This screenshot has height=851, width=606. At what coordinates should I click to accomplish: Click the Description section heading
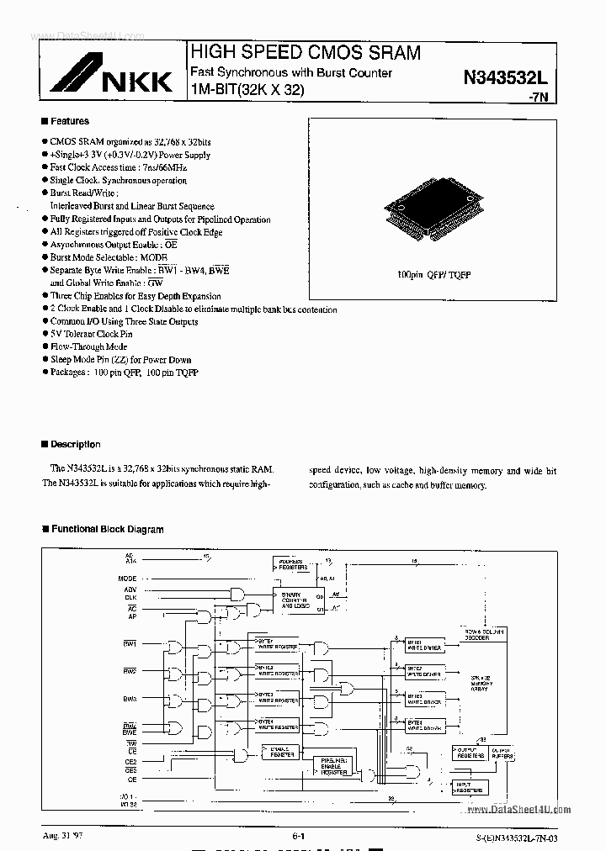75,444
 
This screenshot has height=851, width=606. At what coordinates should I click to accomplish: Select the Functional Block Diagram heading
107,530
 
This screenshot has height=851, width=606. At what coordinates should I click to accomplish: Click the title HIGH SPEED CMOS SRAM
306,53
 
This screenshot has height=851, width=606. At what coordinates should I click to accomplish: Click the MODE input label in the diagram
127,579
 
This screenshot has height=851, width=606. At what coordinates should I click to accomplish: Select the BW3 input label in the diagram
130,699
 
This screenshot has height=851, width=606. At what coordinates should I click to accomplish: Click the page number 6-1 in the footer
299,836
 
